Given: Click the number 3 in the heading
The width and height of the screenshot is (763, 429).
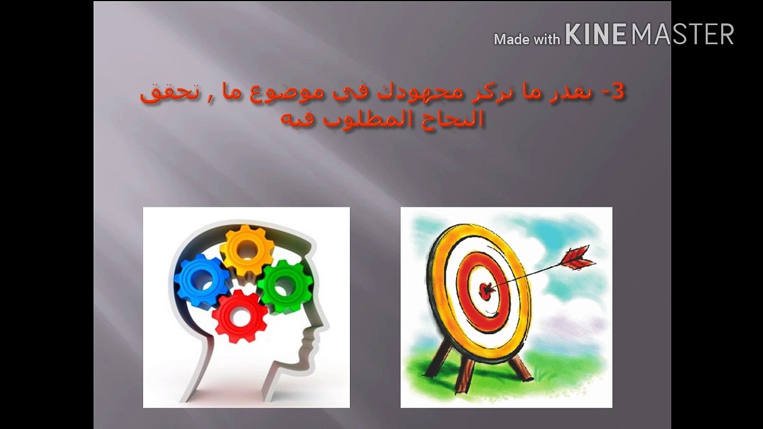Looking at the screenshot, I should [x=618, y=92].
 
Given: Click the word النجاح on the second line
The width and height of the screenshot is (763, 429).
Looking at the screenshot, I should [x=452, y=120].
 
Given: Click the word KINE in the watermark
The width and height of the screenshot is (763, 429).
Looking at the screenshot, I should [x=595, y=35].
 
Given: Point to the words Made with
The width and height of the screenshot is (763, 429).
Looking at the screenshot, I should [x=527, y=39].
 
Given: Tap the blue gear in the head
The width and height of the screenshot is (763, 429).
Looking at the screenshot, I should [x=201, y=281].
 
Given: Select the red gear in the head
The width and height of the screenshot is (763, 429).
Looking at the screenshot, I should [x=240, y=316].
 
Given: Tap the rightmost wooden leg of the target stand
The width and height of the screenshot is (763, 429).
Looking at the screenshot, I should [x=520, y=365].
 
